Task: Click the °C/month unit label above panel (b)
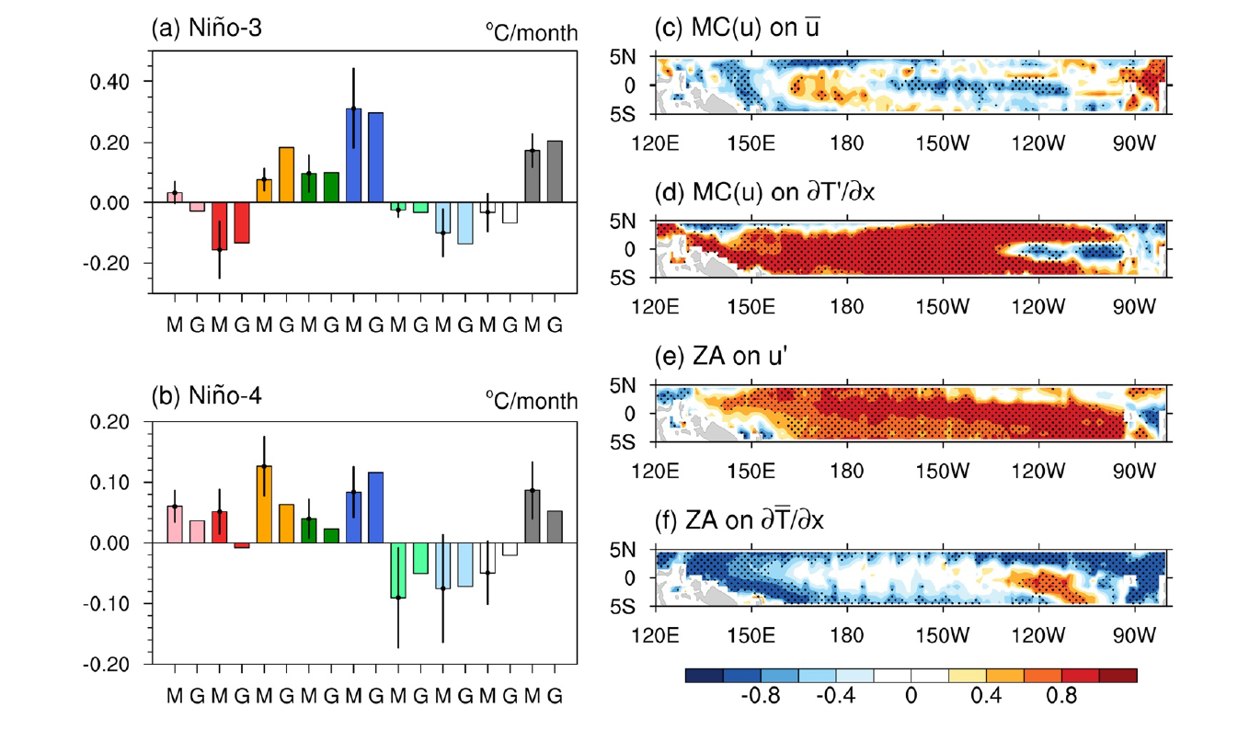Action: point(532,401)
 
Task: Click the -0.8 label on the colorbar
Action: point(760,696)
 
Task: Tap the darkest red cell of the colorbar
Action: point(1118,676)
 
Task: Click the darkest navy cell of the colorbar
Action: point(704,676)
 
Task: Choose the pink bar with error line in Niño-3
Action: point(175,197)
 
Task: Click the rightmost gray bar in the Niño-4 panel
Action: point(555,527)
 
